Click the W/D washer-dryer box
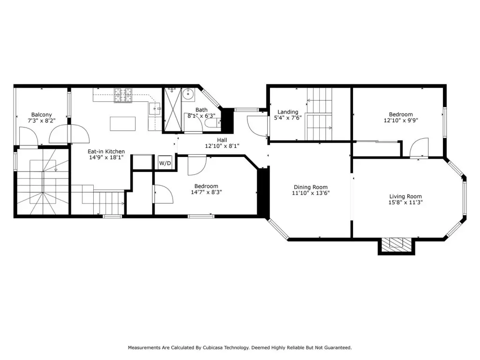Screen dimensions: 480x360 tap(165, 163)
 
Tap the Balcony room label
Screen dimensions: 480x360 tap(42, 115)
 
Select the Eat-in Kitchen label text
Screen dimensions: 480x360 tap(106, 151)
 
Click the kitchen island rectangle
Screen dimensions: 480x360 tap(123, 124)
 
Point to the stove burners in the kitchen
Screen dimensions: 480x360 tap(123, 95)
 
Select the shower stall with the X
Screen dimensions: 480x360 tap(173, 110)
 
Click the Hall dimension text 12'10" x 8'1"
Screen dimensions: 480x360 tap(222, 146)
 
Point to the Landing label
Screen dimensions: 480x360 tap(288, 112)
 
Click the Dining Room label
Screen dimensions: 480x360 tap(311, 187)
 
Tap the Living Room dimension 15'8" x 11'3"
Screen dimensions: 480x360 tap(405, 202)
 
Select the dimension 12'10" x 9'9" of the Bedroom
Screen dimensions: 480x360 tap(401, 120)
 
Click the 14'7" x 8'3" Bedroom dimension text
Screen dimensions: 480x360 tap(206, 192)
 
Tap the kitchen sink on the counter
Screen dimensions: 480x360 tap(155, 109)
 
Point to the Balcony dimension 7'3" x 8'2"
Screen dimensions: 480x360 tap(42, 120)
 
